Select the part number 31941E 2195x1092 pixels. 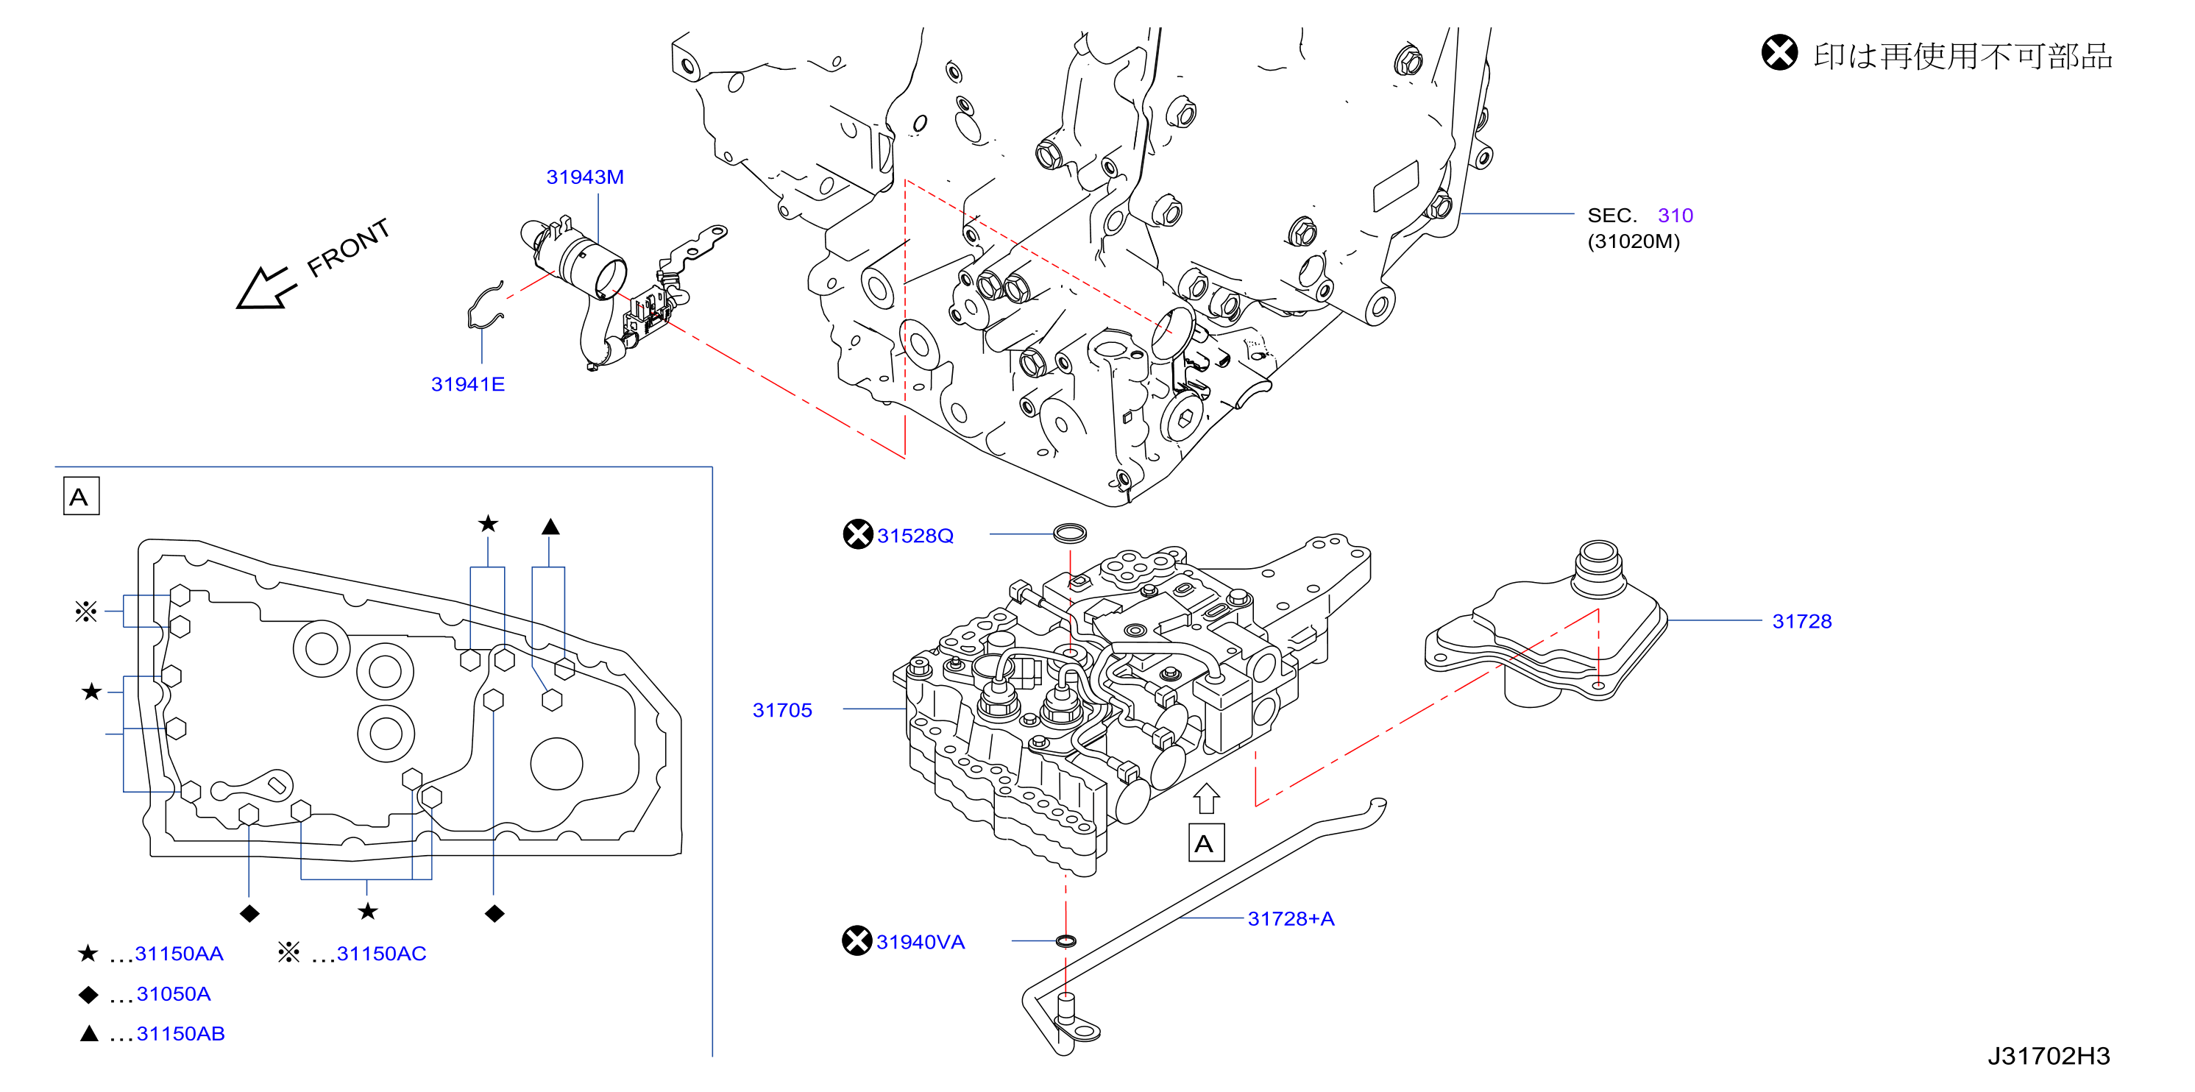tap(468, 384)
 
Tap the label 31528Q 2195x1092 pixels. tap(915, 536)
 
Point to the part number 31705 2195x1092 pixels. tap(782, 710)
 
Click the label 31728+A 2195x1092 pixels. tap(1291, 919)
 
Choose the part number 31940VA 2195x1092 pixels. tap(921, 942)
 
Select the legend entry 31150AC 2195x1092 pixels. tap(381, 954)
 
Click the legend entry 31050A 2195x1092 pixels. tap(173, 994)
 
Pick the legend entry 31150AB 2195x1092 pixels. tap(180, 1034)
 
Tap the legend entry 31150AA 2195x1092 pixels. tap(179, 954)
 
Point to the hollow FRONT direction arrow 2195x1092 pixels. tap(265, 288)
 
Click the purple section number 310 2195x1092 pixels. tap(1675, 216)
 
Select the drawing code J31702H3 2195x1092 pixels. tap(2049, 1056)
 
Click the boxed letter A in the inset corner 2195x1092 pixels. tap(81, 497)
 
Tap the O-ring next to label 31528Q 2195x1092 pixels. tap(1070, 534)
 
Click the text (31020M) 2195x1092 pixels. tap(1634, 242)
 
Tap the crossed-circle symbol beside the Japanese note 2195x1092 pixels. tap(1779, 53)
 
